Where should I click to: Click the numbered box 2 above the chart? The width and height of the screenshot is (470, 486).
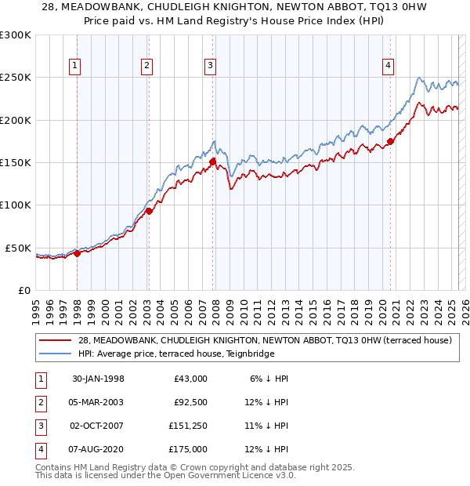[x=146, y=67]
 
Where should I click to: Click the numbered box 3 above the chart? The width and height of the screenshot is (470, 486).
[x=211, y=67]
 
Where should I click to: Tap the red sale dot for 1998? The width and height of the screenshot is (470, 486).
[x=78, y=253]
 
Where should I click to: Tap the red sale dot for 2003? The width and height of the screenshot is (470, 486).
[x=149, y=211]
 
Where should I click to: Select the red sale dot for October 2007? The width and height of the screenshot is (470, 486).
[x=212, y=161]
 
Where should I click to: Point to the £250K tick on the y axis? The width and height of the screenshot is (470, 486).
[x=16, y=78]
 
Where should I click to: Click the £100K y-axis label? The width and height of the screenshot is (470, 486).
[x=16, y=205]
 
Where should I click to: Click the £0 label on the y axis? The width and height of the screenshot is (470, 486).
[x=23, y=290]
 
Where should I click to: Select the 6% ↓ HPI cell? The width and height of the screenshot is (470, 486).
[x=266, y=379]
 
